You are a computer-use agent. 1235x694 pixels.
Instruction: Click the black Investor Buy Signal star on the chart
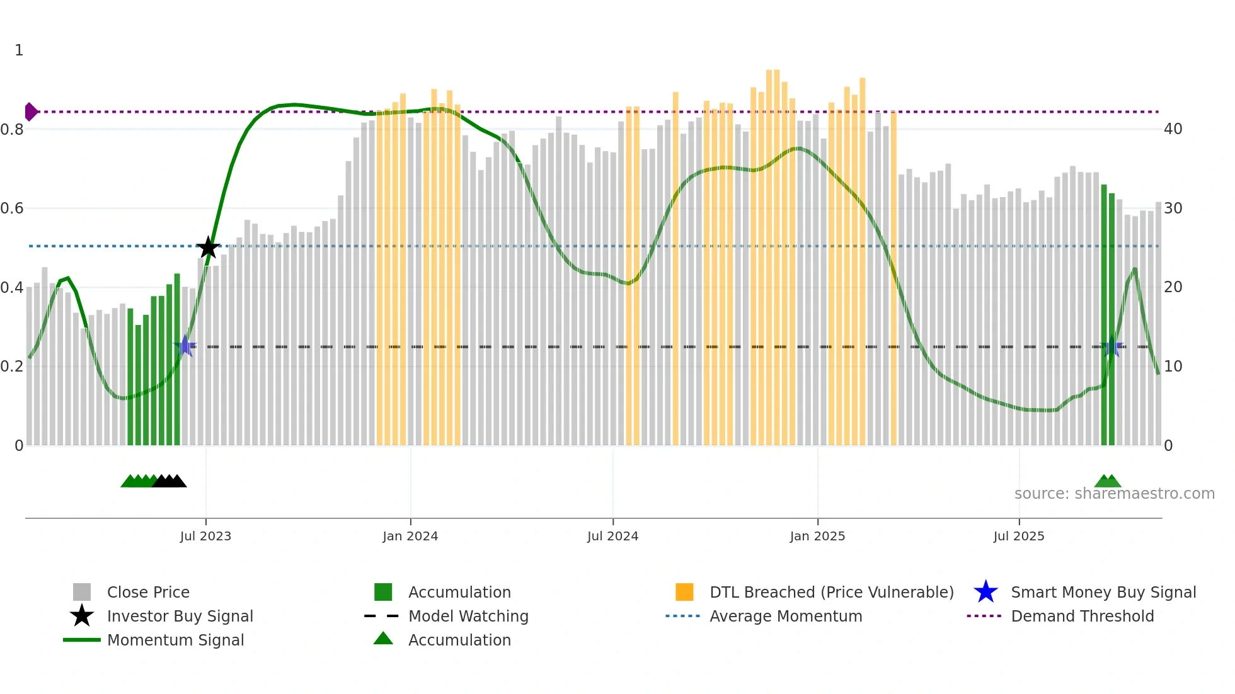point(208,247)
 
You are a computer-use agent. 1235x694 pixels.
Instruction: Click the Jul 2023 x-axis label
point(205,536)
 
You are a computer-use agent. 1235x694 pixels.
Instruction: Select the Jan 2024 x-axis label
point(410,536)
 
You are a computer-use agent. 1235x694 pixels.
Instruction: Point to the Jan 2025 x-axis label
point(817,536)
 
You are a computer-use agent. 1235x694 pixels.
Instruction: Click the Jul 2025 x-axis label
point(1019,536)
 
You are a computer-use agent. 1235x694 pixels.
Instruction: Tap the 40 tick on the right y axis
point(1173,129)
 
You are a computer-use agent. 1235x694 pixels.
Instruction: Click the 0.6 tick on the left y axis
point(13,208)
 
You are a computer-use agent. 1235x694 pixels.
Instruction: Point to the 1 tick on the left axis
point(19,50)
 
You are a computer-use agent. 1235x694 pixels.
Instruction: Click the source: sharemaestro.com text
point(1114,493)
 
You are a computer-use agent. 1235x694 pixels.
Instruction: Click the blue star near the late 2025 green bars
point(1111,346)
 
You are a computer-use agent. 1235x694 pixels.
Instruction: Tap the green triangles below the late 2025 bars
point(1108,481)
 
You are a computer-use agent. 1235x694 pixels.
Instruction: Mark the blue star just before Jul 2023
point(185,346)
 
